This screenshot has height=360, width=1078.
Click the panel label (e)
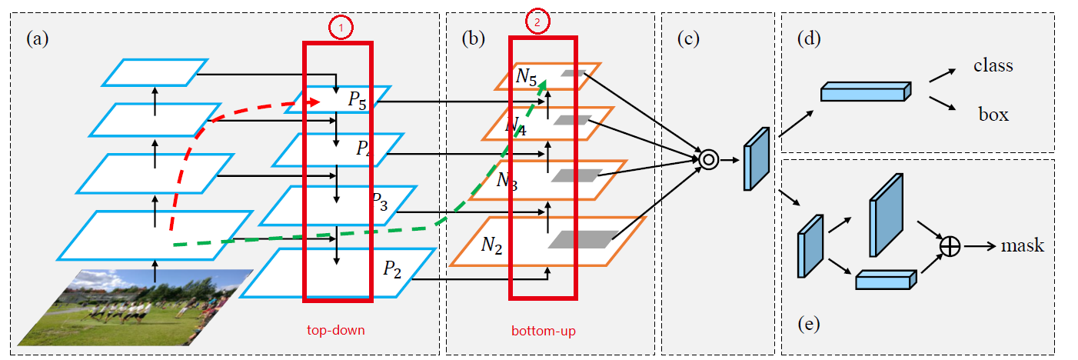point(808,324)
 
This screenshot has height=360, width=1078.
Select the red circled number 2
point(537,23)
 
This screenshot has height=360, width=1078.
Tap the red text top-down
point(336,331)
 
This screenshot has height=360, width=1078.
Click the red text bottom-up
point(543,332)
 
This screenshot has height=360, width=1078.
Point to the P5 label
point(357,100)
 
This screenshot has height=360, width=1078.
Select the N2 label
point(493,245)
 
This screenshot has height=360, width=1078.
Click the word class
point(993,66)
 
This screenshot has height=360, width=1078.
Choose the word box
point(993,115)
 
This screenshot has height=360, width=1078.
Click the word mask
point(1022,245)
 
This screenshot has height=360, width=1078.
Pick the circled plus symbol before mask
point(950,246)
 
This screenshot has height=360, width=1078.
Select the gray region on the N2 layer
point(583,239)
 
